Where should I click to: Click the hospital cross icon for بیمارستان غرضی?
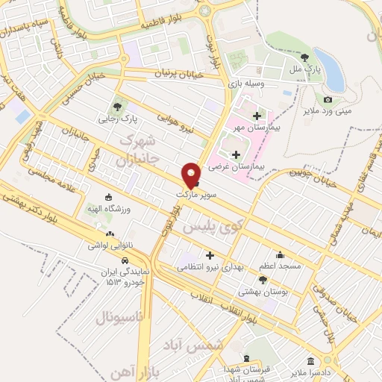click(237, 154)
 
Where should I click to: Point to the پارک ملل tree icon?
click(304, 57)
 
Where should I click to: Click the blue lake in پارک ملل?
click(329, 68)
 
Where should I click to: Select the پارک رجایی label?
click(116, 118)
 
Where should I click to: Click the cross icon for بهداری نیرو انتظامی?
click(210, 255)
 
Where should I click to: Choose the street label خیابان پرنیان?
click(179, 74)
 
